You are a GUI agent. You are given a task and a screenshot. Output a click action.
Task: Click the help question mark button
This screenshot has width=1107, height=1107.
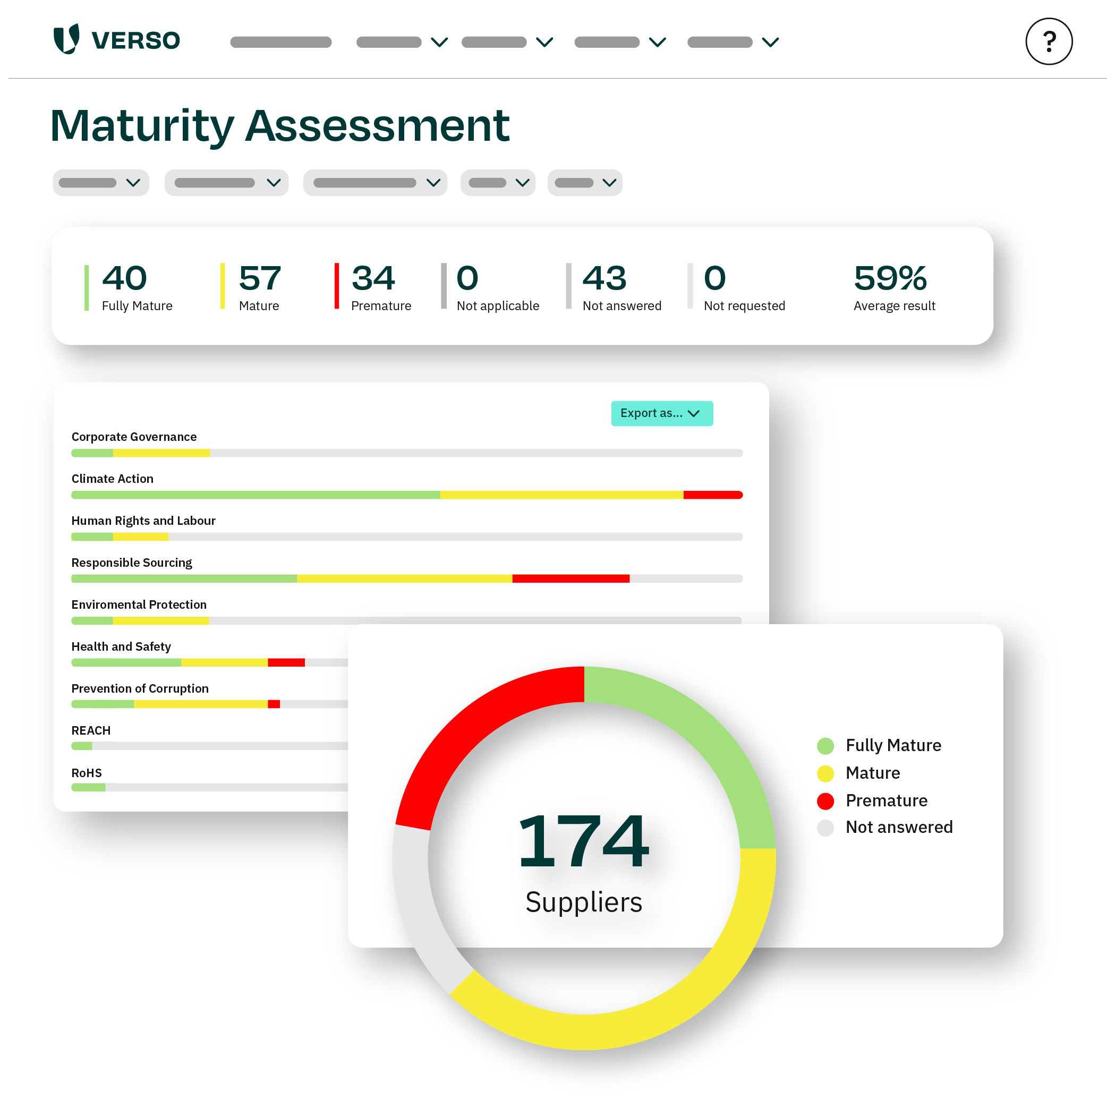tap(1049, 41)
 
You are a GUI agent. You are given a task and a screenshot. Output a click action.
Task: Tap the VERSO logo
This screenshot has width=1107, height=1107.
tap(117, 39)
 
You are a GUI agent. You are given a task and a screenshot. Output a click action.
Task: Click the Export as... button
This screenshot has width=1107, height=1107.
tap(662, 413)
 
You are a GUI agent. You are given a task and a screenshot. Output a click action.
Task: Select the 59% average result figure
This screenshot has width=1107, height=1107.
tap(890, 278)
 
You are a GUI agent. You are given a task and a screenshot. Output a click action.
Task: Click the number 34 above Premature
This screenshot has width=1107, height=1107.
tap(373, 278)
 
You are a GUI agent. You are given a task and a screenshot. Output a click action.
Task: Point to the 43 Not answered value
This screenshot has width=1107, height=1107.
tap(604, 278)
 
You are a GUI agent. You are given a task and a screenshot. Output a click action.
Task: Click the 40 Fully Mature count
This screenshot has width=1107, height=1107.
tap(124, 278)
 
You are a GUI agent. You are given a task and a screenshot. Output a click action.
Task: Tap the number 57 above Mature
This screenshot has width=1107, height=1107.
tap(260, 278)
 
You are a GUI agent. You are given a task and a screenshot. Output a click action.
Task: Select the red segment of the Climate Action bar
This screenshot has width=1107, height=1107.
tap(712, 495)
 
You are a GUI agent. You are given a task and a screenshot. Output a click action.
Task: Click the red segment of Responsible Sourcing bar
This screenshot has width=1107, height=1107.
tap(570, 578)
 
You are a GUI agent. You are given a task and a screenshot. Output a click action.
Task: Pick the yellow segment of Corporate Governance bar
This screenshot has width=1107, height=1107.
tap(161, 453)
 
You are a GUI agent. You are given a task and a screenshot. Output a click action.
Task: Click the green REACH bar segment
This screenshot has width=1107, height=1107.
tap(81, 746)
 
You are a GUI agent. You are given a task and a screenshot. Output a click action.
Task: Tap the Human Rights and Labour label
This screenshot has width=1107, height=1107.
tap(143, 520)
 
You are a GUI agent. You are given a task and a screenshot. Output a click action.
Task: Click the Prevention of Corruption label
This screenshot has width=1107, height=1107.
tap(140, 688)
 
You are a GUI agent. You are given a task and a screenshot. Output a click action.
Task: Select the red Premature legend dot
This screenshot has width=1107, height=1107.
tap(825, 801)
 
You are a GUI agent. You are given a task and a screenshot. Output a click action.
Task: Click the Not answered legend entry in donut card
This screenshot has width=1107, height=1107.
tap(898, 828)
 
